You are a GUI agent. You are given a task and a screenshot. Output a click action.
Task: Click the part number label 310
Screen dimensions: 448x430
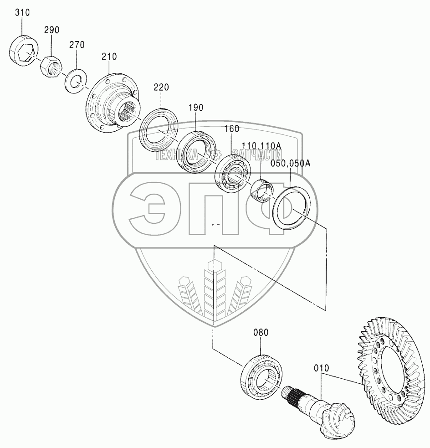(x=22, y=13)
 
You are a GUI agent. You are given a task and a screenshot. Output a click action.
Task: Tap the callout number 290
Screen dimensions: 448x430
(x=51, y=30)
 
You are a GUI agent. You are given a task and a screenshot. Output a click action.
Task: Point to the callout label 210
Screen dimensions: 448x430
(x=109, y=57)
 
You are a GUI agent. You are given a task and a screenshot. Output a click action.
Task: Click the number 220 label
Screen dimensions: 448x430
(x=161, y=87)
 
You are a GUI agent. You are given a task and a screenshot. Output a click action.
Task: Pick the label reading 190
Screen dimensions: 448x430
(x=196, y=108)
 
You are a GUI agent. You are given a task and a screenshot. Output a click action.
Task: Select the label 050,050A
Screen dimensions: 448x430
(x=290, y=164)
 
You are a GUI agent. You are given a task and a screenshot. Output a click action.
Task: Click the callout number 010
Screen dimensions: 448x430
(x=321, y=367)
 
